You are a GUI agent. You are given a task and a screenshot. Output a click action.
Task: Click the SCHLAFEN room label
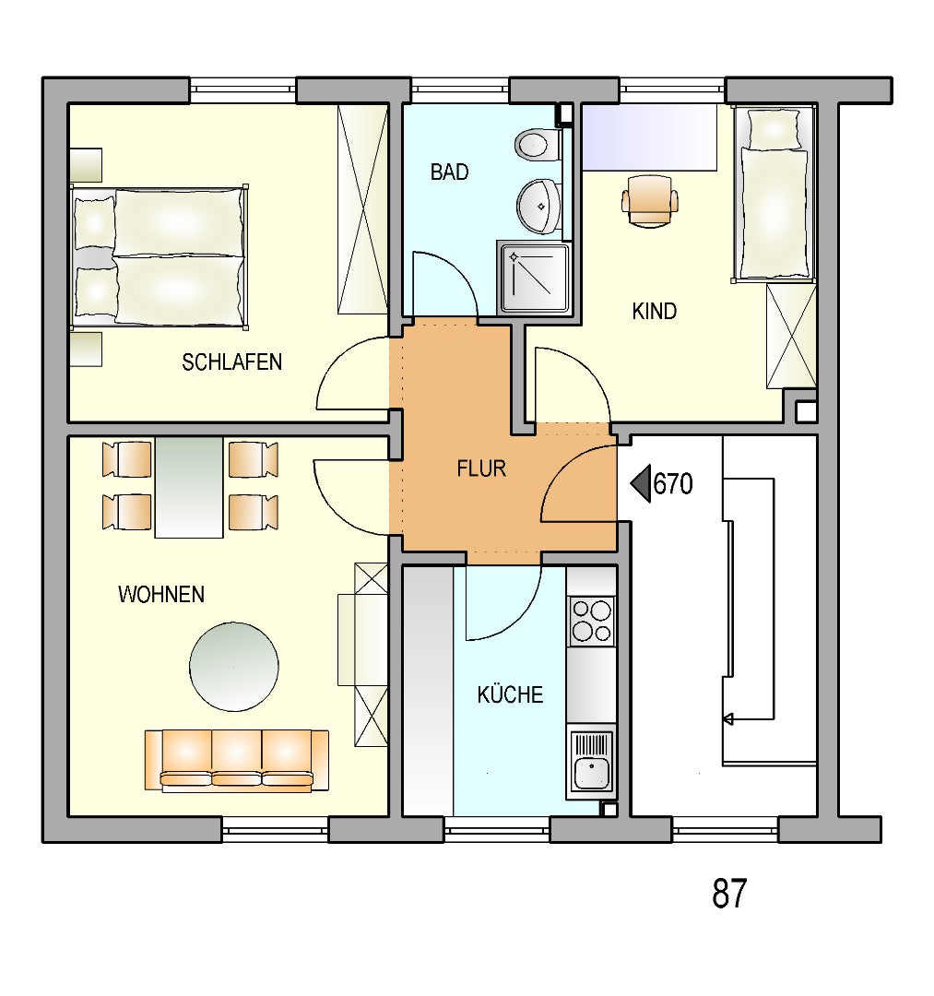pyautogui.click(x=231, y=362)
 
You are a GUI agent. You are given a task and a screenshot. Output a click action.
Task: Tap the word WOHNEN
pyautogui.click(x=161, y=595)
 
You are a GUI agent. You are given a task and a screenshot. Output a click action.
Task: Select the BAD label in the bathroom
pyautogui.click(x=450, y=172)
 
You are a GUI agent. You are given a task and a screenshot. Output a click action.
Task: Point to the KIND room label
pyautogui.click(x=654, y=312)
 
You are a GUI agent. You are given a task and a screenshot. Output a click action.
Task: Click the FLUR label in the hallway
pyautogui.click(x=481, y=468)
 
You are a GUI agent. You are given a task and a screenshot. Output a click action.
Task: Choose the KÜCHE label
pyautogui.click(x=510, y=694)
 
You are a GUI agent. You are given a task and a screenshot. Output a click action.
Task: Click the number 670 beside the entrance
pyautogui.click(x=673, y=484)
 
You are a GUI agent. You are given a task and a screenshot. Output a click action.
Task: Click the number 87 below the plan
pyautogui.click(x=729, y=894)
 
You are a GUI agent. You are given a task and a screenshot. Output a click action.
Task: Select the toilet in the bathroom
pyautogui.click(x=538, y=146)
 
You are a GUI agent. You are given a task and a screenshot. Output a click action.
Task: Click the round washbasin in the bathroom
pyautogui.click(x=538, y=206)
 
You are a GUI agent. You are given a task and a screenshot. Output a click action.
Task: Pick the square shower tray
pyautogui.click(x=533, y=278)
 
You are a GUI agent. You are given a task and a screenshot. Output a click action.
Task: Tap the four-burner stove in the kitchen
pyautogui.click(x=592, y=621)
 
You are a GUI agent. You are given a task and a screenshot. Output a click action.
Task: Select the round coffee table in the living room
pyautogui.click(x=233, y=667)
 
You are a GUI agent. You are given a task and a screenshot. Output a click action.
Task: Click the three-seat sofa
pyautogui.click(x=237, y=760)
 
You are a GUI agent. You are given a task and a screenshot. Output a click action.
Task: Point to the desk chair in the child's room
pyautogui.click(x=649, y=199)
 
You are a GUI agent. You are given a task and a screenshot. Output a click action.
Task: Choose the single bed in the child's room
pyautogui.click(x=774, y=195)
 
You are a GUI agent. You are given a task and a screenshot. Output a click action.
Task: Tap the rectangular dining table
pyautogui.click(x=189, y=487)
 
